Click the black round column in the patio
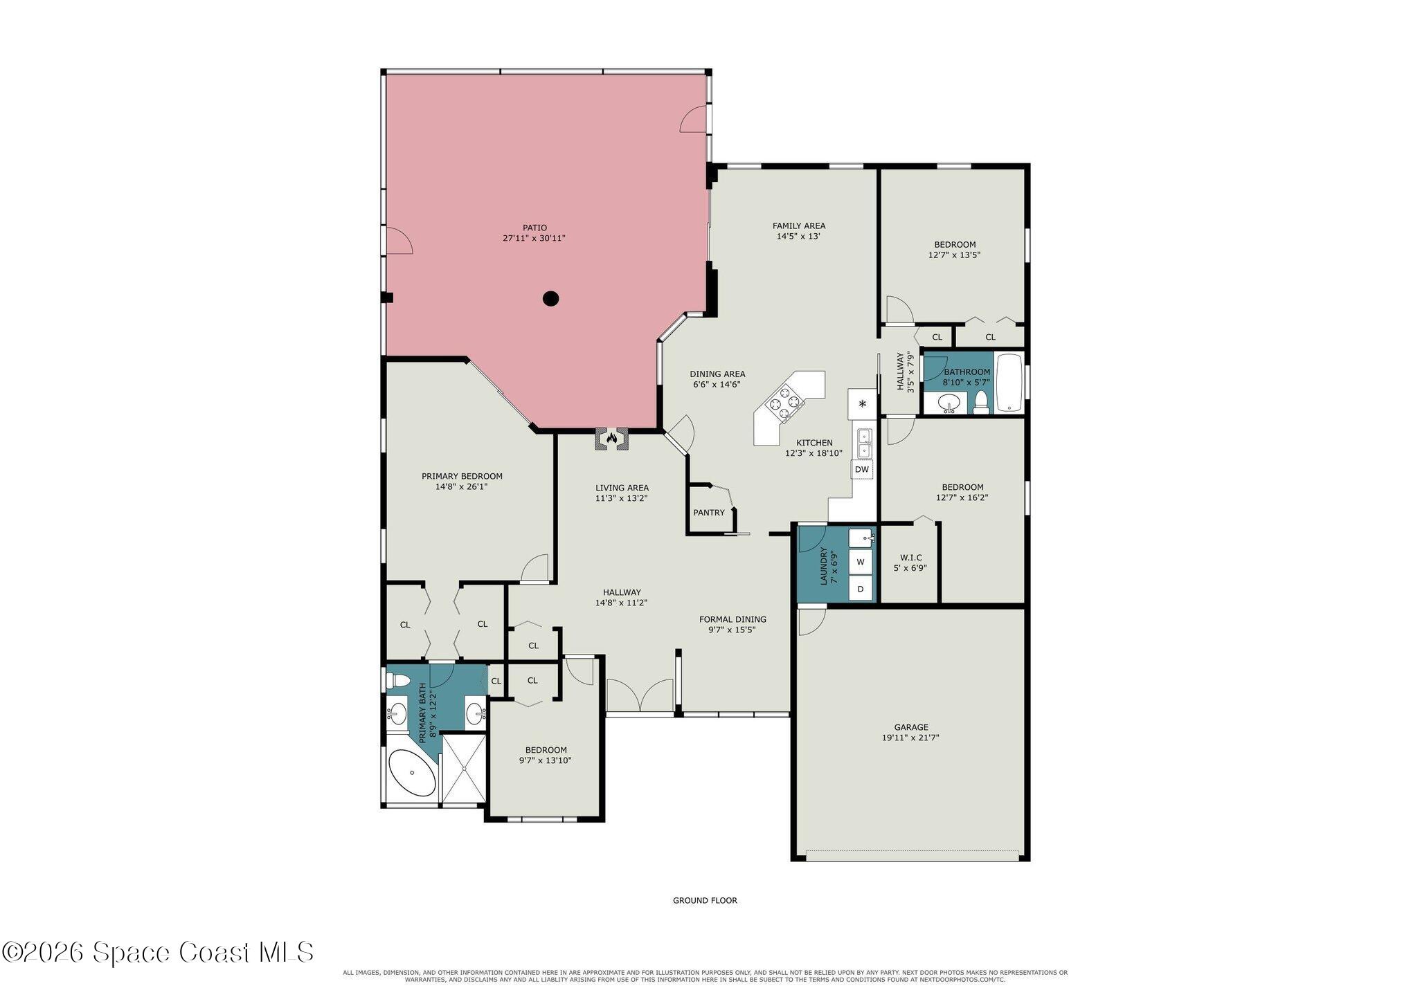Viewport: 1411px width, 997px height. (x=550, y=299)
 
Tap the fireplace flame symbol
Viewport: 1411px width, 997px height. (x=611, y=438)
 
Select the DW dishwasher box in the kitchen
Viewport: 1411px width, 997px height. (x=862, y=469)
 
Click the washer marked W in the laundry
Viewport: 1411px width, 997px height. (x=861, y=562)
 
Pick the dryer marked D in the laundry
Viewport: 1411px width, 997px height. (x=861, y=589)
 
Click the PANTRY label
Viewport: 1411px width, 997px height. (x=709, y=513)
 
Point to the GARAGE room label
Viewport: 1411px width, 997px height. (x=911, y=727)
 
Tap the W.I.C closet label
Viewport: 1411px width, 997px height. (x=910, y=558)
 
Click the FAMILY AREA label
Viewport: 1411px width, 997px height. (x=799, y=226)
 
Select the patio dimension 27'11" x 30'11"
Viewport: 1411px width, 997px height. (x=534, y=238)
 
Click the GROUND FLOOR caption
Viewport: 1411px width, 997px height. (x=705, y=900)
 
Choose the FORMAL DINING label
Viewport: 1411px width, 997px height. (x=733, y=619)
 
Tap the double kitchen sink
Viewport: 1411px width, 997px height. (x=864, y=443)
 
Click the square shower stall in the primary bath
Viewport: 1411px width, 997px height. (x=465, y=769)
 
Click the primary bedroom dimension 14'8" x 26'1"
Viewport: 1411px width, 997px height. (x=462, y=486)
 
